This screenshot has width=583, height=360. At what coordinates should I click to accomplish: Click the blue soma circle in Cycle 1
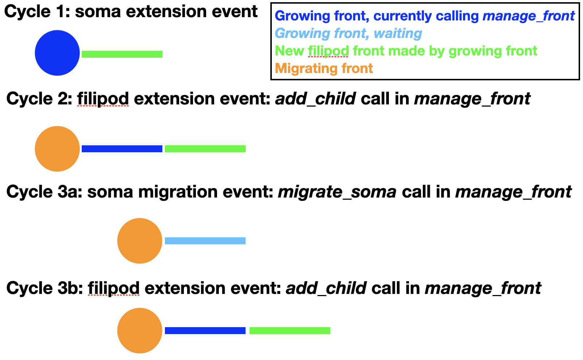coord(57,53)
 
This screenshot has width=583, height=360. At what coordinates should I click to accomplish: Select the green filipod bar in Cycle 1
coord(122,54)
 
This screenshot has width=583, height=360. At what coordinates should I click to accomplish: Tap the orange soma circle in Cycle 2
coord(57,149)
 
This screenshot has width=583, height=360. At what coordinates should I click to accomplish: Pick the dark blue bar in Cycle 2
coord(122,149)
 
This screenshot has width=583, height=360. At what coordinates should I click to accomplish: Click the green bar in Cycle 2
coord(205,149)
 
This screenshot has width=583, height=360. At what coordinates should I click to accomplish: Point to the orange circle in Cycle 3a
coord(140,241)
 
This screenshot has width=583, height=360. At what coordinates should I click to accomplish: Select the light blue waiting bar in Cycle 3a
coord(205,241)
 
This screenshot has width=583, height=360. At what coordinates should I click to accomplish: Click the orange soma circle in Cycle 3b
coord(140,330)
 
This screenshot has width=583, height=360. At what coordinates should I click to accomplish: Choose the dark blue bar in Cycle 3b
coord(205,330)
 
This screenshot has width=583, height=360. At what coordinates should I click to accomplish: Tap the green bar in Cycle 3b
coord(290,330)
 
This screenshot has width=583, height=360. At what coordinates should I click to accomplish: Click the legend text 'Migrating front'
coord(324,69)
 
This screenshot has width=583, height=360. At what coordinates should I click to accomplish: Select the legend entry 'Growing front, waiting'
coord(348,34)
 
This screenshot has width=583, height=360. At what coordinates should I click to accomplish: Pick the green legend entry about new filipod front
coord(406,51)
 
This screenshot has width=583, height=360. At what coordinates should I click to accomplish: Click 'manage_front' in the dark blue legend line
coord(529,16)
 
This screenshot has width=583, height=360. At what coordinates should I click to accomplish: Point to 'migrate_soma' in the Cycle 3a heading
coord(337,192)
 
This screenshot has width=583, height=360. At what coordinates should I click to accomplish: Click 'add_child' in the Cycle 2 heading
coord(316,99)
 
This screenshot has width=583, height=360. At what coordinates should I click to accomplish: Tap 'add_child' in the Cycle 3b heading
coord(327,288)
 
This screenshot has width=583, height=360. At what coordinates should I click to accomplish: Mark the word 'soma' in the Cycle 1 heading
coord(98,12)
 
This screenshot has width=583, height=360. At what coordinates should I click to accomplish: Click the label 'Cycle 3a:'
coord(44,192)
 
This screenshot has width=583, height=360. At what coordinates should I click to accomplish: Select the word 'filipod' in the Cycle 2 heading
coord(103,99)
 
